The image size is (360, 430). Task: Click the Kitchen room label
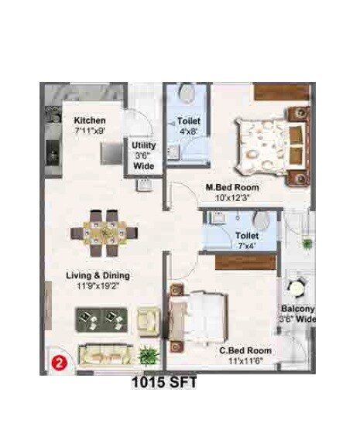(x=90, y=121)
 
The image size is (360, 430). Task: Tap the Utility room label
(x=143, y=145)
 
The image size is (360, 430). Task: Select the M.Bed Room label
(x=232, y=188)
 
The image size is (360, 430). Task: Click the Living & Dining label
(x=97, y=275)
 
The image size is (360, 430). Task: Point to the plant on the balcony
(x=307, y=244)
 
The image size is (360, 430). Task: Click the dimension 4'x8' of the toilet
(x=188, y=131)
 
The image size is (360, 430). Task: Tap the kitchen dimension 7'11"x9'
(x=90, y=131)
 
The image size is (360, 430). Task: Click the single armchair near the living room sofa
(x=148, y=317)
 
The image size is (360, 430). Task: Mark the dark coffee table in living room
(x=101, y=318)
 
